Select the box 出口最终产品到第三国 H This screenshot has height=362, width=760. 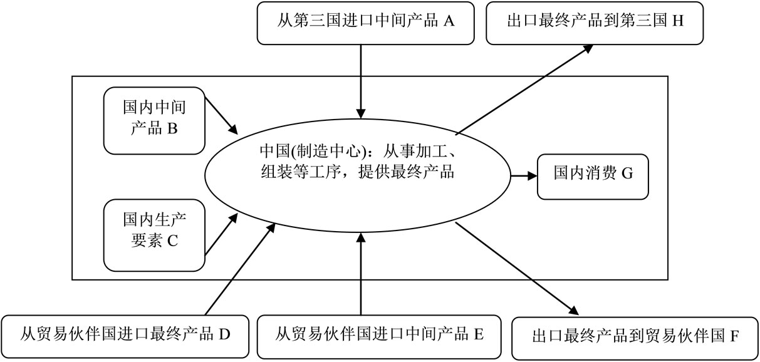click(595, 22)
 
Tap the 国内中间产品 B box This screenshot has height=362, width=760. click(155, 120)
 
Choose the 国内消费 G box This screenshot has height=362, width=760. click(593, 173)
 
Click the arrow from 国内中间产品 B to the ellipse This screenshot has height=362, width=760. click(221, 116)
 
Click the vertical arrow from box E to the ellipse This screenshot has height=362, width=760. click(361, 272)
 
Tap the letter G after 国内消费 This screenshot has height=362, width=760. click(627, 173)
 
